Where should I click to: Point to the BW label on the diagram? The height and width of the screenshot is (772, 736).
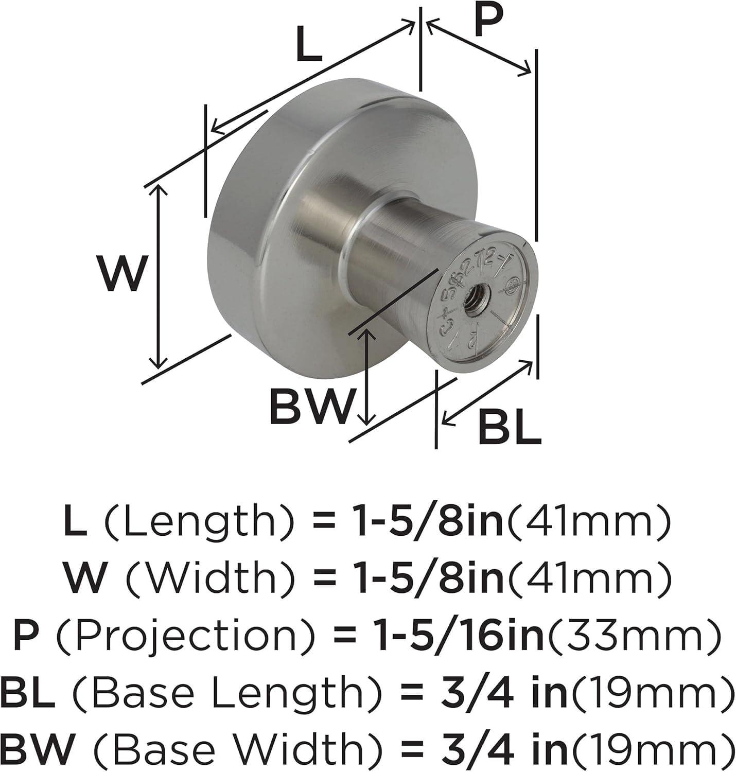312,406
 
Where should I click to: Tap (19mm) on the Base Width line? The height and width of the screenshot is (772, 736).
650,748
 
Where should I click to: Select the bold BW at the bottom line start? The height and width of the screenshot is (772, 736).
37,748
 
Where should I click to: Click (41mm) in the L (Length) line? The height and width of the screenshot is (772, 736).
590,521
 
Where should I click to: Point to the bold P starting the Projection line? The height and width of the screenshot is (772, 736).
25,635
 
